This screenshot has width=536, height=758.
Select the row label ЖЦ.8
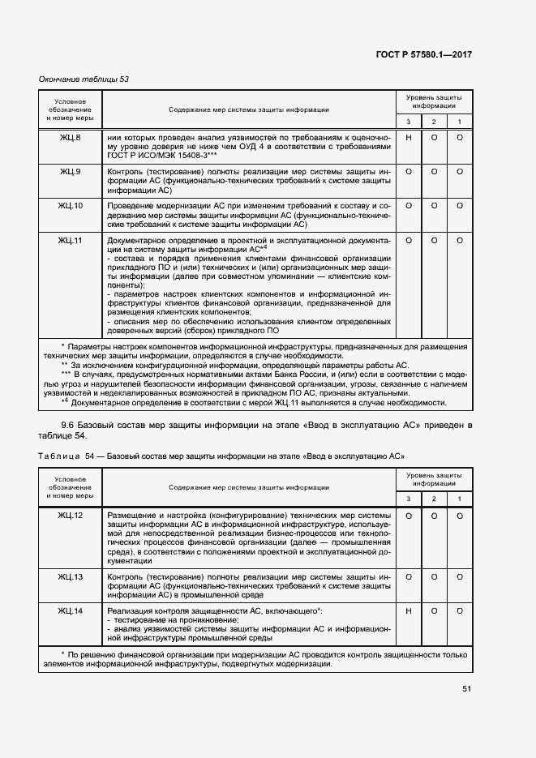[70, 138]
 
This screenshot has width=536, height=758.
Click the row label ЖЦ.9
[70, 172]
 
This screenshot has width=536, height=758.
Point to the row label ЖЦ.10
[70, 206]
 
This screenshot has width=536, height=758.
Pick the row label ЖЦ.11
[70, 241]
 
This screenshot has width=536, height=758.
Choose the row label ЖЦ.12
[70, 516]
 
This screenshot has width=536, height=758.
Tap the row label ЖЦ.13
[70, 577]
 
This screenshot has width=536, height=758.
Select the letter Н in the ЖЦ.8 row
[409, 138]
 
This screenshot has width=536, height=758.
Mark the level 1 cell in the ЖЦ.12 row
[460, 516]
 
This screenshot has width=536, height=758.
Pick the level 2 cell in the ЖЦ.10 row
[434, 206]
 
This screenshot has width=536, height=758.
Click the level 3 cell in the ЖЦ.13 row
[409, 577]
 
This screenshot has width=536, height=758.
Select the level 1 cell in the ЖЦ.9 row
[460, 172]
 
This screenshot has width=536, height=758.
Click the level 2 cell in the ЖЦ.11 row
[434, 241]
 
